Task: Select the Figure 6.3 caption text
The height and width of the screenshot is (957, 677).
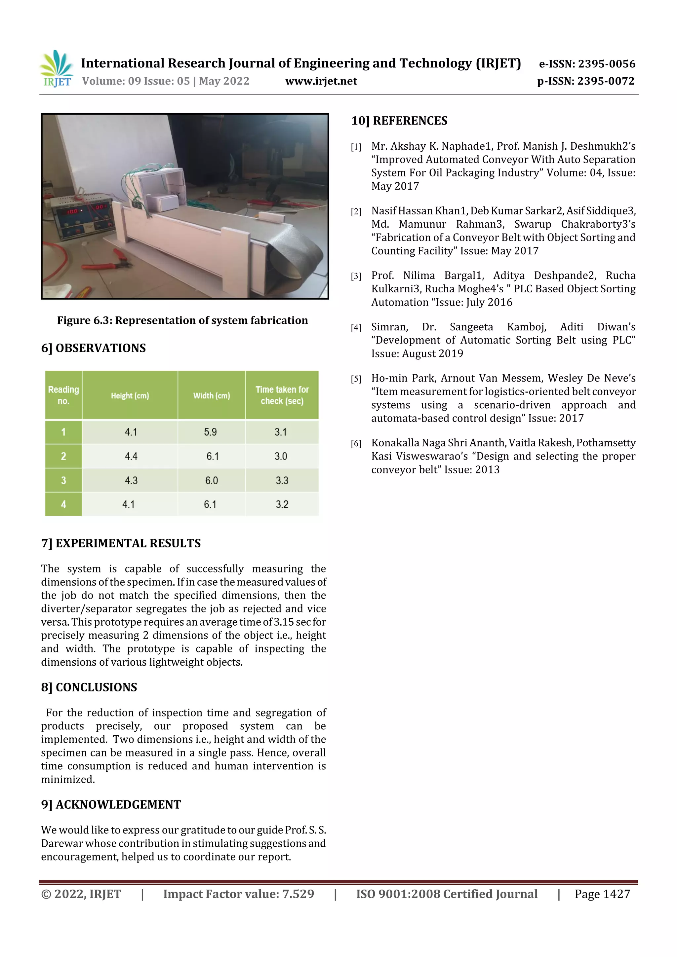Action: click(x=182, y=320)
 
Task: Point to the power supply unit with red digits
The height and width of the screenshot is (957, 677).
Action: click(x=81, y=217)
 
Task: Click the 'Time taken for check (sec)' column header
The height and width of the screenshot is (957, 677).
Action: click(x=282, y=395)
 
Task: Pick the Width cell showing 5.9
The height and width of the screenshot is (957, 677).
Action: click(x=210, y=432)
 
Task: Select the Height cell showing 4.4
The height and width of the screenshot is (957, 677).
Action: click(x=131, y=456)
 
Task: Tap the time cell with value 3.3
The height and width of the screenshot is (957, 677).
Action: click(x=282, y=480)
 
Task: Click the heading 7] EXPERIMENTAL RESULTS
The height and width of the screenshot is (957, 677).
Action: click(x=121, y=543)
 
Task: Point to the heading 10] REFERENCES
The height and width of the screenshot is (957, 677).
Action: click(x=399, y=121)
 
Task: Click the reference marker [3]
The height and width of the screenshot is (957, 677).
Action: click(x=356, y=276)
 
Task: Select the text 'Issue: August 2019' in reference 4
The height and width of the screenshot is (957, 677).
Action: click(x=417, y=353)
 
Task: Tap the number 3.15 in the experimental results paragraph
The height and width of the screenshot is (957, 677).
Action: click(x=284, y=622)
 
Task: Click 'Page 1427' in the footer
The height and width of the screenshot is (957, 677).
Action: click(x=602, y=894)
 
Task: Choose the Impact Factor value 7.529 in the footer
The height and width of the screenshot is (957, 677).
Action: click(x=298, y=894)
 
